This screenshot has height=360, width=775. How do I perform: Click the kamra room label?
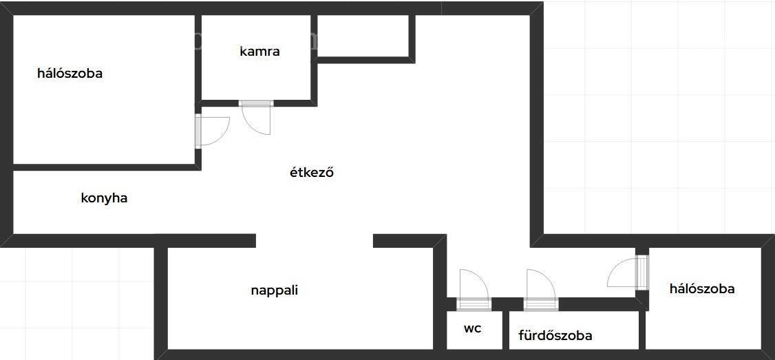pyautogui.click(x=259, y=51)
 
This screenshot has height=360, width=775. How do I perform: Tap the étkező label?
pyautogui.click(x=312, y=173)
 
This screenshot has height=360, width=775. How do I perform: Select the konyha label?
pyautogui.click(x=105, y=198)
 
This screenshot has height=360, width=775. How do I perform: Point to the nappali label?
pyautogui.click(x=275, y=290)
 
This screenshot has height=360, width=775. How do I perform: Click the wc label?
pyautogui.click(x=473, y=328)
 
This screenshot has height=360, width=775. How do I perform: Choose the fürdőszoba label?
pyautogui.click(x=555, y=336)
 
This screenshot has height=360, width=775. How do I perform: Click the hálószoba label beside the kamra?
pyautogui.click(x=70, y=74)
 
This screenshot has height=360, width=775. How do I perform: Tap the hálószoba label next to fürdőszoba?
pyautogui.click(x=702, y=289)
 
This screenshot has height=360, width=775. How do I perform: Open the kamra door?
pyautogui.click(x=256, y=117)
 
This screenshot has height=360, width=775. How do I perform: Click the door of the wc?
pyautogui.click(x=473, y=290)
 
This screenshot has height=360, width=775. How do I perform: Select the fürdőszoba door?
pyautogui.click(x=540, y=290)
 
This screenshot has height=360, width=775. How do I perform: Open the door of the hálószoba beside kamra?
pyautogui.click(x=211, y=131)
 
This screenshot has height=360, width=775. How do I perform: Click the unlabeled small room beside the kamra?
pyautogui.click(x=363, y=36)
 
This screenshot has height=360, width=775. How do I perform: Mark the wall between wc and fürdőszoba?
pyautogui.click(x=506, y=330)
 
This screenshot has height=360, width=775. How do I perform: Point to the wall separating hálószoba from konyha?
pyautogui.click(x=106, y=167)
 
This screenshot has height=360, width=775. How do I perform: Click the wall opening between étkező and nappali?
pyautogui.click(x=315, y=240)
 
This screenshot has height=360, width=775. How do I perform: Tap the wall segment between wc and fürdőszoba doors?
pyautogui.click(x=507, y=304)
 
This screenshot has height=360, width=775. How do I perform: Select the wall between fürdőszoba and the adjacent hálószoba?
pyautogui.click(x=642, y=330)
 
